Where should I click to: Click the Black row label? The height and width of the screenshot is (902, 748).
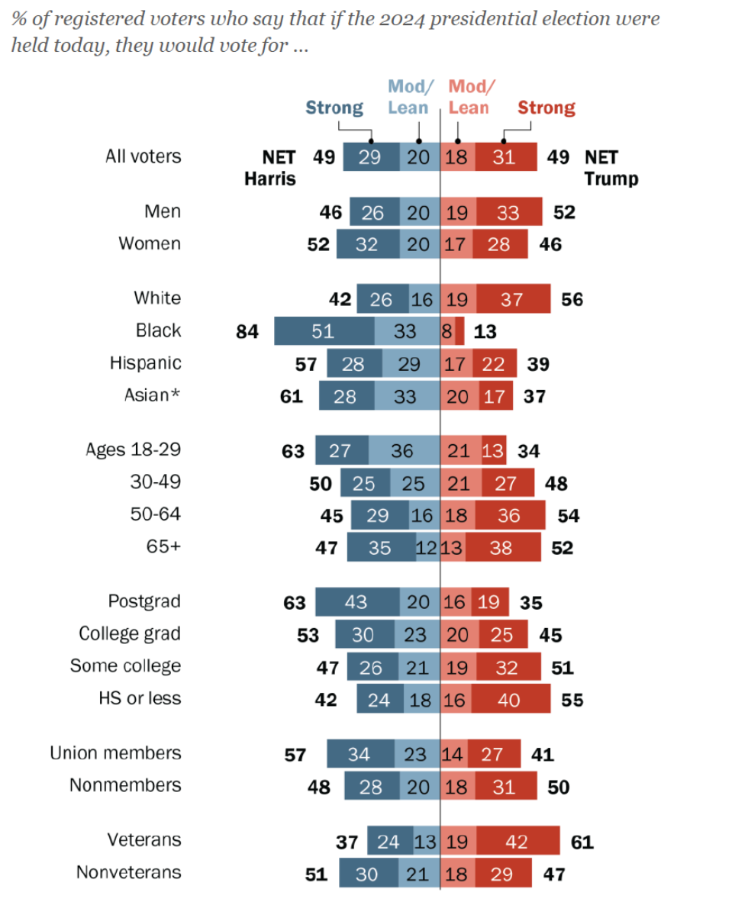159,330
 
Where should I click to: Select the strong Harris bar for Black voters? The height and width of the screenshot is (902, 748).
324,330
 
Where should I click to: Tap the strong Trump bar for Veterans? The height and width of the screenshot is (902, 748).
518,842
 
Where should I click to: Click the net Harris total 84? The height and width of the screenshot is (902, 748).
247,331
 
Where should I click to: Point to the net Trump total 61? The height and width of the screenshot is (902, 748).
582,842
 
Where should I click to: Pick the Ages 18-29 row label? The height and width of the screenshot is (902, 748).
134,449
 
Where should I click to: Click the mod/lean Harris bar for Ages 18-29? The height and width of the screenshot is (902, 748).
404,451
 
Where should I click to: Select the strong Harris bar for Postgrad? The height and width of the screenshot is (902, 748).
355,602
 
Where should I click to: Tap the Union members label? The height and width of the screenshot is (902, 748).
116,753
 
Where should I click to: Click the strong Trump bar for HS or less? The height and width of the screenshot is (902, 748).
510,699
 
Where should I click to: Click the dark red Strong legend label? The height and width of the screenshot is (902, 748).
546,108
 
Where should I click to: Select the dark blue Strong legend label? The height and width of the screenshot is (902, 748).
334,108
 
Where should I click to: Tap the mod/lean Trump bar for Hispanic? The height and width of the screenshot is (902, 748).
456,364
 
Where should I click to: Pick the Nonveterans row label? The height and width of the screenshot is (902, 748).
129,872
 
